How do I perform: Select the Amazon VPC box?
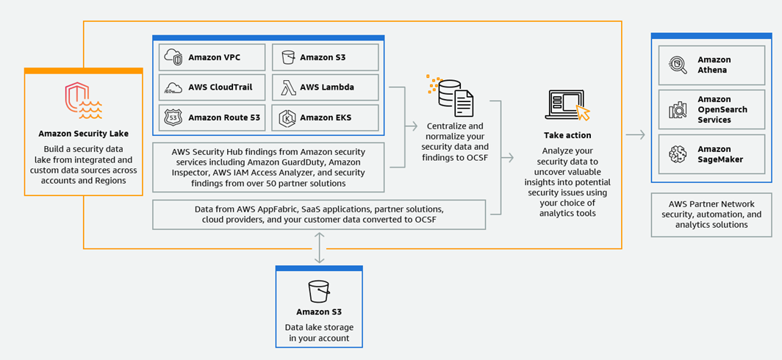click(212, 57)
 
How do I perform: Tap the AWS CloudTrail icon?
click(173, 87)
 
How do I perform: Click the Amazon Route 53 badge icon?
click(173, 118)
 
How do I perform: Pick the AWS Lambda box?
click(325, 87)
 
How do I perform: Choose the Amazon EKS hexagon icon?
click(287, 118)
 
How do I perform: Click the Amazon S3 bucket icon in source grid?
click(287, 57)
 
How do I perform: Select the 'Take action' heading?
click(567, 136)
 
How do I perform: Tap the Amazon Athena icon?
click(676, 65)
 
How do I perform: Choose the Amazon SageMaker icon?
click(676, 154)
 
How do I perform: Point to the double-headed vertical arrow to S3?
click(319, 248)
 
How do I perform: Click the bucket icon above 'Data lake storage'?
click(319, 292)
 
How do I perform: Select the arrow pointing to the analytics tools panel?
click(636, 134)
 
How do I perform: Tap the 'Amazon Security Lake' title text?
click(83, 134)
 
